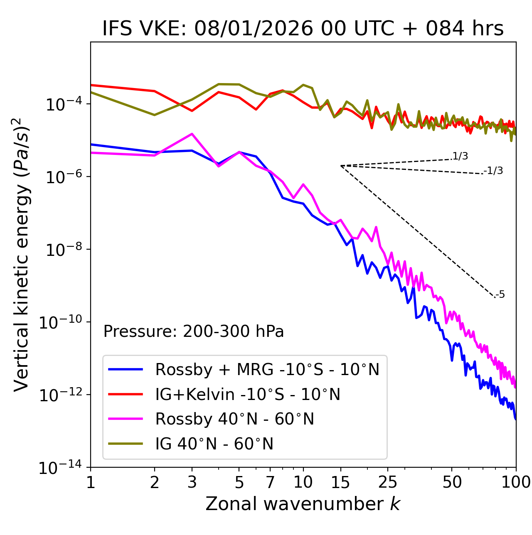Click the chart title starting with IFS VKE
click(x=303, y=29)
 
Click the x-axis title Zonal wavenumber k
click(x=303, y=504)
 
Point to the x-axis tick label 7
click(x=271, y=482)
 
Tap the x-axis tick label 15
click(x=340, y=482)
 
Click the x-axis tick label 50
click(x=452, y=482)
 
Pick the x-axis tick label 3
click(x=192, y=482)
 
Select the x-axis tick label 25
click(x=388, y=482)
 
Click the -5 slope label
click(x=500, y=295)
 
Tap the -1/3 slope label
click(x=493, y=171)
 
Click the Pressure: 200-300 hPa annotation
click(x=194, y=331)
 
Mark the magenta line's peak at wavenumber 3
click(x=192, y=134)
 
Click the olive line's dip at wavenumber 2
click(x=155, y=115)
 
